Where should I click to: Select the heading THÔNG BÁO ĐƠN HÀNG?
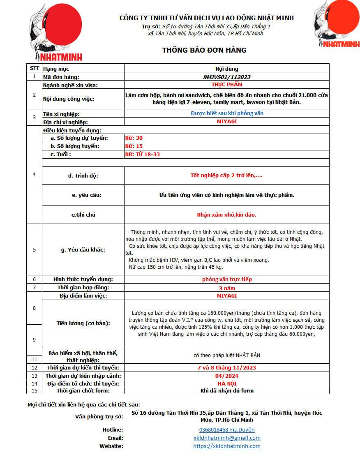204,50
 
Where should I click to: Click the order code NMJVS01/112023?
226,77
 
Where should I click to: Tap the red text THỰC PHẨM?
227,85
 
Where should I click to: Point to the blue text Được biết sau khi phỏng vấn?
227,113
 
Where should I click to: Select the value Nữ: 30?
134,138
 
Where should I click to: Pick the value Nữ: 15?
134,146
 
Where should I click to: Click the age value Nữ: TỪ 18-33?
142,155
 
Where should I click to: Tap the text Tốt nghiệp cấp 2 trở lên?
226,175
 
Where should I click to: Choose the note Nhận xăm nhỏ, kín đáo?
226,215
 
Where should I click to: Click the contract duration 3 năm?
227,288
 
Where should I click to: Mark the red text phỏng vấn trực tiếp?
227,279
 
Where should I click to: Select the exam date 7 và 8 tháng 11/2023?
227,367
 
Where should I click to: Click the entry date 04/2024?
227,376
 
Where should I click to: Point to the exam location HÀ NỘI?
227,383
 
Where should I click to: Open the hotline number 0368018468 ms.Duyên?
227,429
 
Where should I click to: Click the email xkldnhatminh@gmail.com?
227,438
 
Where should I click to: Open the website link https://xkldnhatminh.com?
227,446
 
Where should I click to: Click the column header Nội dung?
227,69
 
